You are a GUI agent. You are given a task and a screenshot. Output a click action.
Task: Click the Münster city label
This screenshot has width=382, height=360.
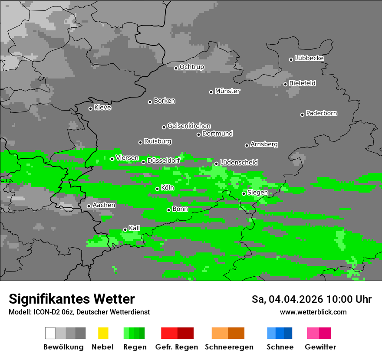point(227,91)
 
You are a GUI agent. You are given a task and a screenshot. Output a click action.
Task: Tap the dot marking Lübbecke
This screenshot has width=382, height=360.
point(291,59)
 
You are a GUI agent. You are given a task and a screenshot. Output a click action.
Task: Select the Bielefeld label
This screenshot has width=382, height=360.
point(303,83)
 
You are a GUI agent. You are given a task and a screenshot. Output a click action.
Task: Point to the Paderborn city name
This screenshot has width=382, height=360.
point(322,113)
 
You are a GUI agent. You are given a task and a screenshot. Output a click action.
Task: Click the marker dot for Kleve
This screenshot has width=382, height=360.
point(90,108)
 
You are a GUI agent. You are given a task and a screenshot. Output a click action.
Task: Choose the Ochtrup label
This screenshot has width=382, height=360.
point(192,67)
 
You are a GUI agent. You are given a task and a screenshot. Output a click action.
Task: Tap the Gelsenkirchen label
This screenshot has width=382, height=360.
point(189,126)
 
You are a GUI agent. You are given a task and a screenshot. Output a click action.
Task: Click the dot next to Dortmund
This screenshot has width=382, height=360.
point(198,134)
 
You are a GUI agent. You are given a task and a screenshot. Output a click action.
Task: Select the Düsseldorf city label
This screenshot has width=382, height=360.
point(164,160)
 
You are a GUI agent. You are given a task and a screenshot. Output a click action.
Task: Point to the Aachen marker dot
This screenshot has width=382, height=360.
point(89,206)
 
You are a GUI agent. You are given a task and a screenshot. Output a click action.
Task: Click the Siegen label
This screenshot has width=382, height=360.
point(257,193)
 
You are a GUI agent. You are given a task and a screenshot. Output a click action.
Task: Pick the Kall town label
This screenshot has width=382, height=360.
point(135,228)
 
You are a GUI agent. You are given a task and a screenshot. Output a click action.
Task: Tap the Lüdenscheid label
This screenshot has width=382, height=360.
point(239,163)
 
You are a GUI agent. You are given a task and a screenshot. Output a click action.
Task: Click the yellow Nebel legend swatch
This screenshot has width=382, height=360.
point(103,333)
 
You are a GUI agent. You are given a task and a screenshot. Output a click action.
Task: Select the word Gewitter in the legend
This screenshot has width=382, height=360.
point(320,347)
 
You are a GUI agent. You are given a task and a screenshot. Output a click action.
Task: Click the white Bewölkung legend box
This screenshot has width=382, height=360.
point(50,333)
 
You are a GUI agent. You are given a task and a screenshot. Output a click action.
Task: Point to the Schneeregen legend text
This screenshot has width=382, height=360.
point(229,347)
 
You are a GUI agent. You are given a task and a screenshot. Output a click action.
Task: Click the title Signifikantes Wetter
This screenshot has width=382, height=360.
point(72,299)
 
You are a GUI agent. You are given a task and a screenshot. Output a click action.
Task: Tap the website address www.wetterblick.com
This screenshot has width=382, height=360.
point(313,312)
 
